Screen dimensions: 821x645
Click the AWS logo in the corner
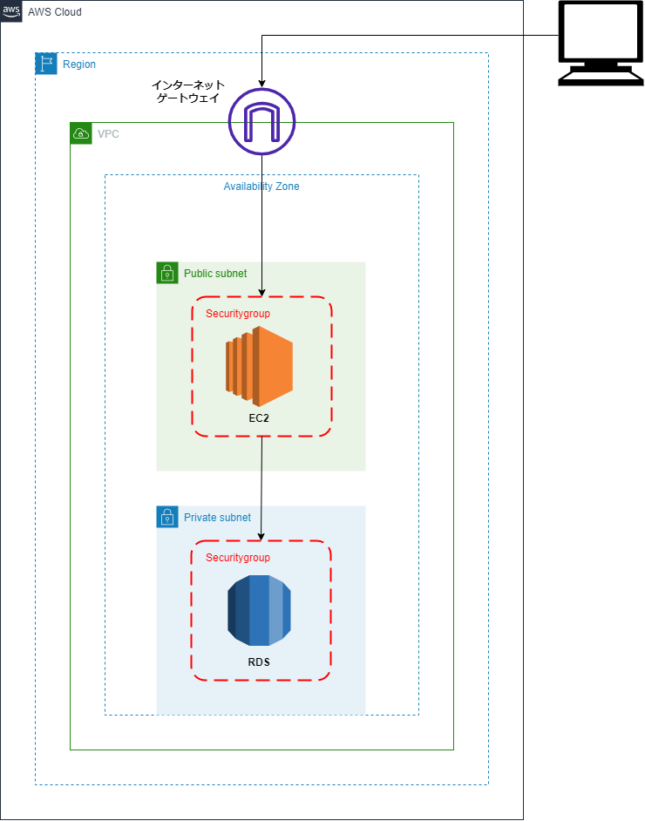tap(11, 11)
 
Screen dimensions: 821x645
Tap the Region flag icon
tap(46, 64)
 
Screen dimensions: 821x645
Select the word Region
tap(79, 64)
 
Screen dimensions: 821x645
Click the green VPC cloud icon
tap(81, 133)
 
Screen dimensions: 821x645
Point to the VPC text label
tap(108, 134)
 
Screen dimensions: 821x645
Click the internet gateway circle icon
tap(261, 122)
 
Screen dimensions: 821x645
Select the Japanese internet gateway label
tap(188, 92)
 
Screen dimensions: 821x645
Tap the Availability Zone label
tap(261, 187)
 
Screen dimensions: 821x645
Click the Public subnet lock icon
tap(167, 273)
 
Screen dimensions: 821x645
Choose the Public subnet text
tap(215, 274)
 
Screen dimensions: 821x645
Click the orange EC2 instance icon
tap(259, 366)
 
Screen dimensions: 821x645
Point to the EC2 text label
tap(260, 418)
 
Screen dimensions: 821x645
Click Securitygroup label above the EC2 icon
tap(238, 314)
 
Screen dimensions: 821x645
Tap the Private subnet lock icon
tap(167, 517)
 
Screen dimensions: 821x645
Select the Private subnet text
tap(217, 518)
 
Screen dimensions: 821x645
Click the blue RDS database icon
tap(259, 610)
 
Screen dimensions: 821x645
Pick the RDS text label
tap(259, 662)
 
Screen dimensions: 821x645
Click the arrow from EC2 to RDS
tap(262, 488)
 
